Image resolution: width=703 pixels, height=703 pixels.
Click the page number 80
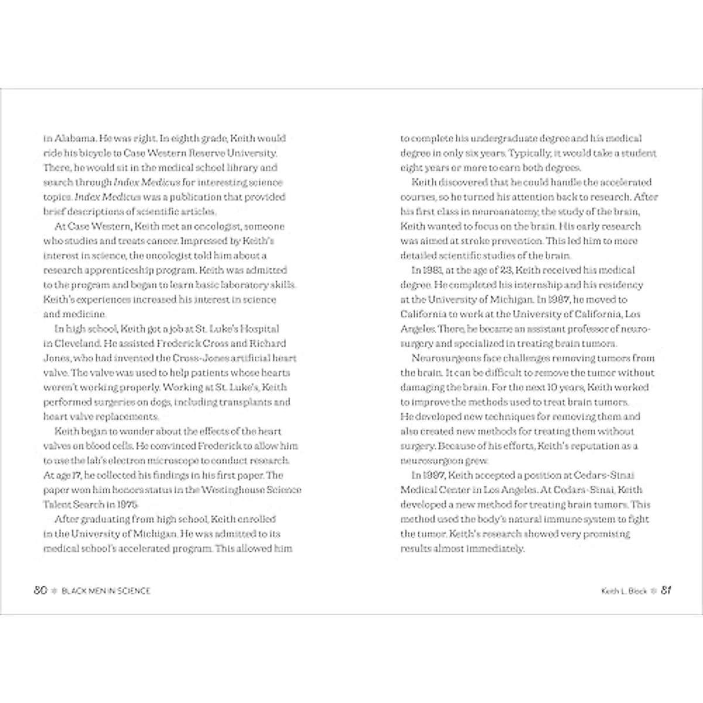pos(40,591)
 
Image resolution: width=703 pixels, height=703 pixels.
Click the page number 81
pos(666,591)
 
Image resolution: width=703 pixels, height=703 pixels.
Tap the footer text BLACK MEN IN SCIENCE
pos(106,591)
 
